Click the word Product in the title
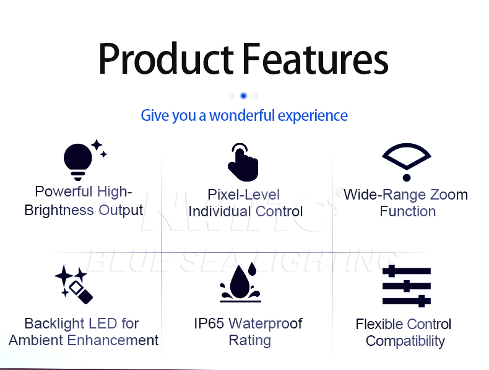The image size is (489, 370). (x=166, y=59)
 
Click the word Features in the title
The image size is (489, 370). (x=315, y=59)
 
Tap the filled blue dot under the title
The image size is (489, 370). (x=243, y=95)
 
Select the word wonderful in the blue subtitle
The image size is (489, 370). (x=242, y=115)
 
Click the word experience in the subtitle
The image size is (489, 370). (x=313, y=116)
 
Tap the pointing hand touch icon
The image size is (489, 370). (x=243, y=162)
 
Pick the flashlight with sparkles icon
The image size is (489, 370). (x=74, y=284)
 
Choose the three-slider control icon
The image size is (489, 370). (x=406, y=286)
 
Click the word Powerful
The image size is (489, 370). (x=64, y=192)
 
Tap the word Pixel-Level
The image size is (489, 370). (x=243, y=195)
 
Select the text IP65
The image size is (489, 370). (x=209, y=324)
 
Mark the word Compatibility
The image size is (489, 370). (x=405, y=341)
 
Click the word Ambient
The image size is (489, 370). (x=36, y=340)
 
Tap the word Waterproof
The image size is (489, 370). (x=266, y=324)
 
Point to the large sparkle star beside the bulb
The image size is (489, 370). (x=97, y=145)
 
